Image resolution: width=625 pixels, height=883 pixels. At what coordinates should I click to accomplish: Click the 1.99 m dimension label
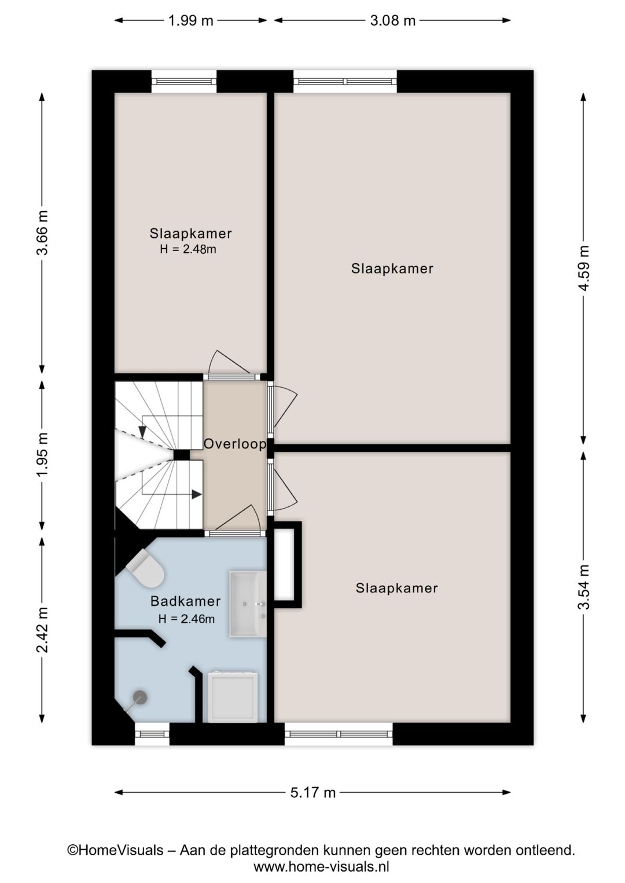tap(190, 20)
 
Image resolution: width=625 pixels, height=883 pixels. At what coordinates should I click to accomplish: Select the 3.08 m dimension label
tap(393, 20)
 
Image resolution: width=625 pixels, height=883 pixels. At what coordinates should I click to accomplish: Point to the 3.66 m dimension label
tap(42, 233)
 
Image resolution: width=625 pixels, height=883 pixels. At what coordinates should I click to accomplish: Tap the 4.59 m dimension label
tap(583, 268)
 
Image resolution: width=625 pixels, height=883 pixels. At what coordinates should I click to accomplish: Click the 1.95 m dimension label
tap(42, 454)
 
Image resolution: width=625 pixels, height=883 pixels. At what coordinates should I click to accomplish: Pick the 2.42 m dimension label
tap(42, 630)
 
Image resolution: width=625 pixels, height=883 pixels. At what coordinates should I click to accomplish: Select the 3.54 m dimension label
tap(583, 587)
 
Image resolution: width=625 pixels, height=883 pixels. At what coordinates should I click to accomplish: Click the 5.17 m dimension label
tap(312, 792)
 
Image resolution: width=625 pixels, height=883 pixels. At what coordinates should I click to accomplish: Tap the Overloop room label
tap(235, 444)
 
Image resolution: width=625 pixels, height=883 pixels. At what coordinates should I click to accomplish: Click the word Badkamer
tap(185, 601)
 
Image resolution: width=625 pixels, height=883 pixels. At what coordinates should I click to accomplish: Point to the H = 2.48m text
tap(188, 249)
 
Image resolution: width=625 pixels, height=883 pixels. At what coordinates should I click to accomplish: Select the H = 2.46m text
tap(186, 619)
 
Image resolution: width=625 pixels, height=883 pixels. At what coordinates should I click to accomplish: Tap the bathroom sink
tap(248, 604)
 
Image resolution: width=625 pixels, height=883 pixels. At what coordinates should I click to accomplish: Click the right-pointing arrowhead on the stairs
tap(196, 494)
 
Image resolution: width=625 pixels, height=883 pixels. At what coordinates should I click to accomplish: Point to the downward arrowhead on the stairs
tap(142, 432)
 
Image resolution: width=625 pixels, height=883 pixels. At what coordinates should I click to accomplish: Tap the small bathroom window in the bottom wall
tap(152, 734)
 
